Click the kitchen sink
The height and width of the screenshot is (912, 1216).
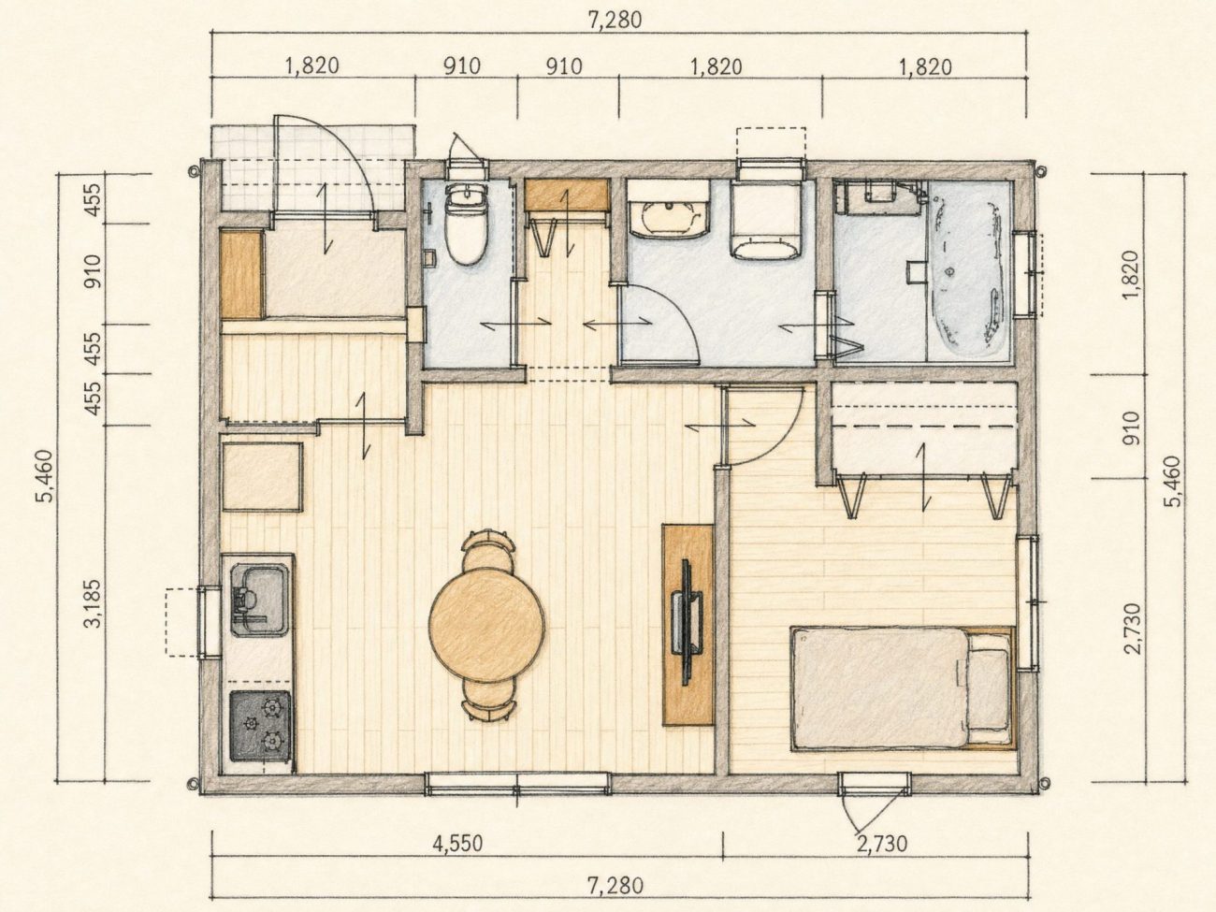click(x=259, y=601)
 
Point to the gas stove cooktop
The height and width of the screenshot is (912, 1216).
click(x=260, y=726)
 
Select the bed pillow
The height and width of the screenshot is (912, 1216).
click(x=988, y=689)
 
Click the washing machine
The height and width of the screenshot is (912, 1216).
click(x=766, y=220)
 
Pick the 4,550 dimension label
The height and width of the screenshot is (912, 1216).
click(x=457, y=844)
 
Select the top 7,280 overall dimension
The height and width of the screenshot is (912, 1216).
click(x=615, y=20)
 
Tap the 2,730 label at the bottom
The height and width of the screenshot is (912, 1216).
click(x=882, y=844)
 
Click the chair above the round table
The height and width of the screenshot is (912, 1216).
click(x=487, y=548)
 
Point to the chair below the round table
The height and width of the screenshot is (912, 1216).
click(x=488, y=701)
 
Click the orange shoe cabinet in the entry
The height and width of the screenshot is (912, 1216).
click(x=241, y=275)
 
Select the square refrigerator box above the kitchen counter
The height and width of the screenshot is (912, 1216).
click(x=263, y=476)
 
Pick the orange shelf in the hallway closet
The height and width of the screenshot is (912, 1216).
click(x=567, y=194)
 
